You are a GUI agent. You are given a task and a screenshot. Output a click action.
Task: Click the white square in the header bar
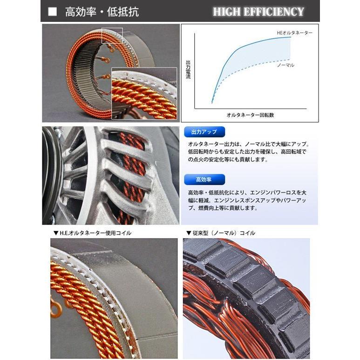pyautogui.click(x=53, y=12)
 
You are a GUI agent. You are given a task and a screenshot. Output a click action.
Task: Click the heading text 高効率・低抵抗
pyautogui.click(x=102, y=12)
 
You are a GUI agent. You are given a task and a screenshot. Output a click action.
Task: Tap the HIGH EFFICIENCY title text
pyautogui.click(x=258, y=12)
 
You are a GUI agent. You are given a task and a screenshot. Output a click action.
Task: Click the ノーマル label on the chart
pyautogui.click(x=285, y=65)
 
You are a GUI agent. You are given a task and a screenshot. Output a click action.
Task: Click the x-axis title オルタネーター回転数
pyautogui.click(x=250, y=114)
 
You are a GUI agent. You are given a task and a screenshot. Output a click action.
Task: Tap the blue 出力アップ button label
pyautogui.click(x=204, y=132)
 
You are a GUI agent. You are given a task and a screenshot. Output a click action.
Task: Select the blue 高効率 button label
pyautogui.click(x=204, y=179)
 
